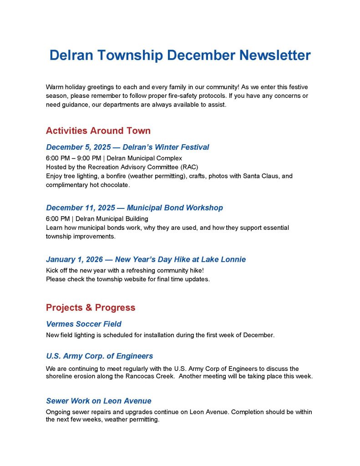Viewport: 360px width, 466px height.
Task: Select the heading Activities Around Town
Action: (x=98, y=131)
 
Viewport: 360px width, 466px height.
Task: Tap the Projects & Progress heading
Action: (x=91, y=308)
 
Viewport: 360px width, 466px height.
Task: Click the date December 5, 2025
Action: (x=80, y=147)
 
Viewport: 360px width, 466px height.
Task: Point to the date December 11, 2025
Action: (x=81, y=208)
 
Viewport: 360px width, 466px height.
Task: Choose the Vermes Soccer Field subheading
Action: (x=83, y=324)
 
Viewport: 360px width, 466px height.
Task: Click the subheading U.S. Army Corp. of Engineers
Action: (x=99, y=356)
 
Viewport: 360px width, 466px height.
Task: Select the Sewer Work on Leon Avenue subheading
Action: (x=98, y=401)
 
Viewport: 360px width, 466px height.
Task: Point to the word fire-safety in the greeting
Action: (x=182, y=96)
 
